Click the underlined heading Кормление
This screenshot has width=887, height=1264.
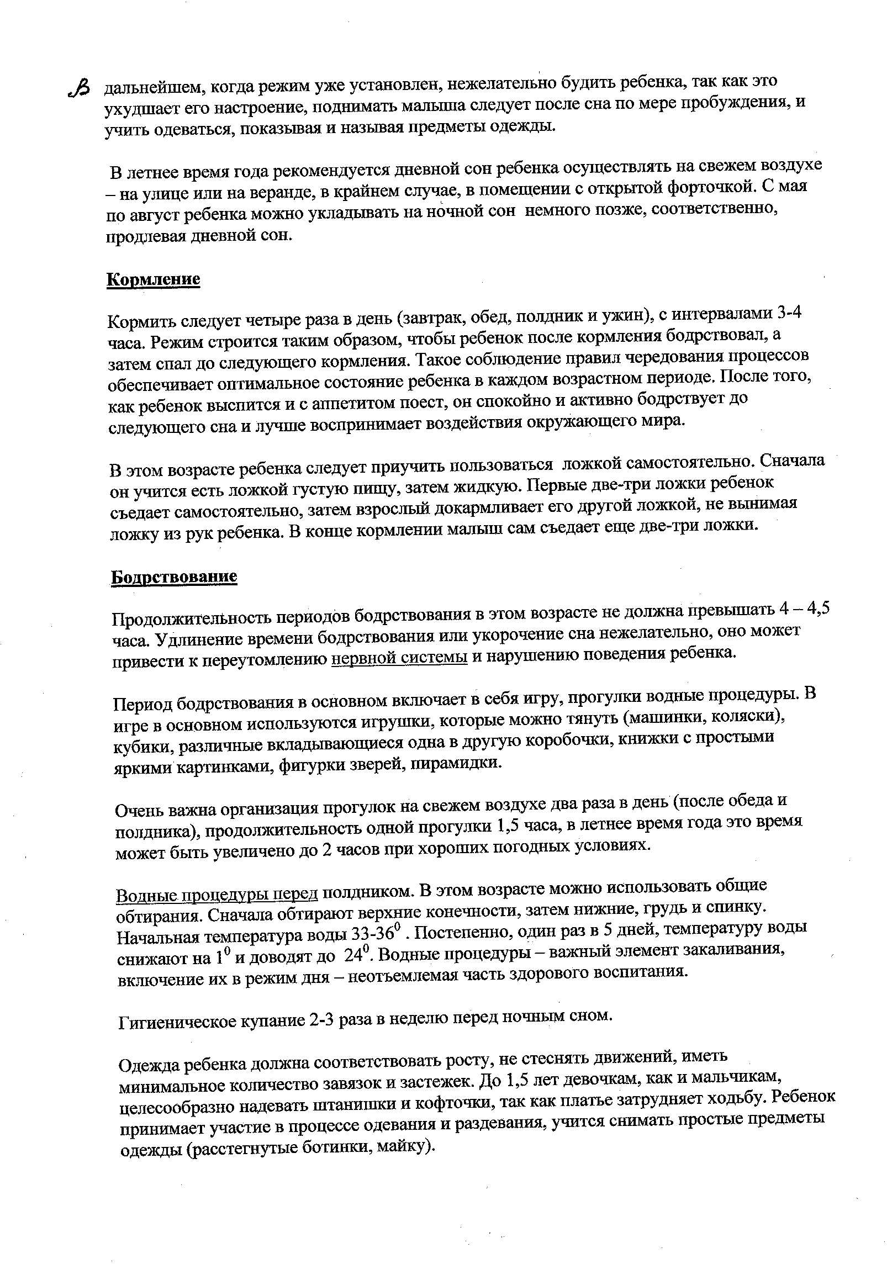(x=152, y=279)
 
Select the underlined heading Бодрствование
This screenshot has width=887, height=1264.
(x=174, y=577)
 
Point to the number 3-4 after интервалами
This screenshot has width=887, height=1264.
(x=788, y=313)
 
